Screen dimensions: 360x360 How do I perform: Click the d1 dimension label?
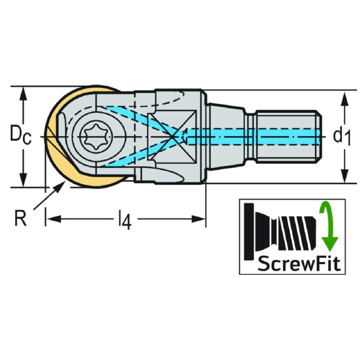[x=341, y=137]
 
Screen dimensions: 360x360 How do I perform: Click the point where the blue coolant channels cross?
[x=175, y=137]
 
